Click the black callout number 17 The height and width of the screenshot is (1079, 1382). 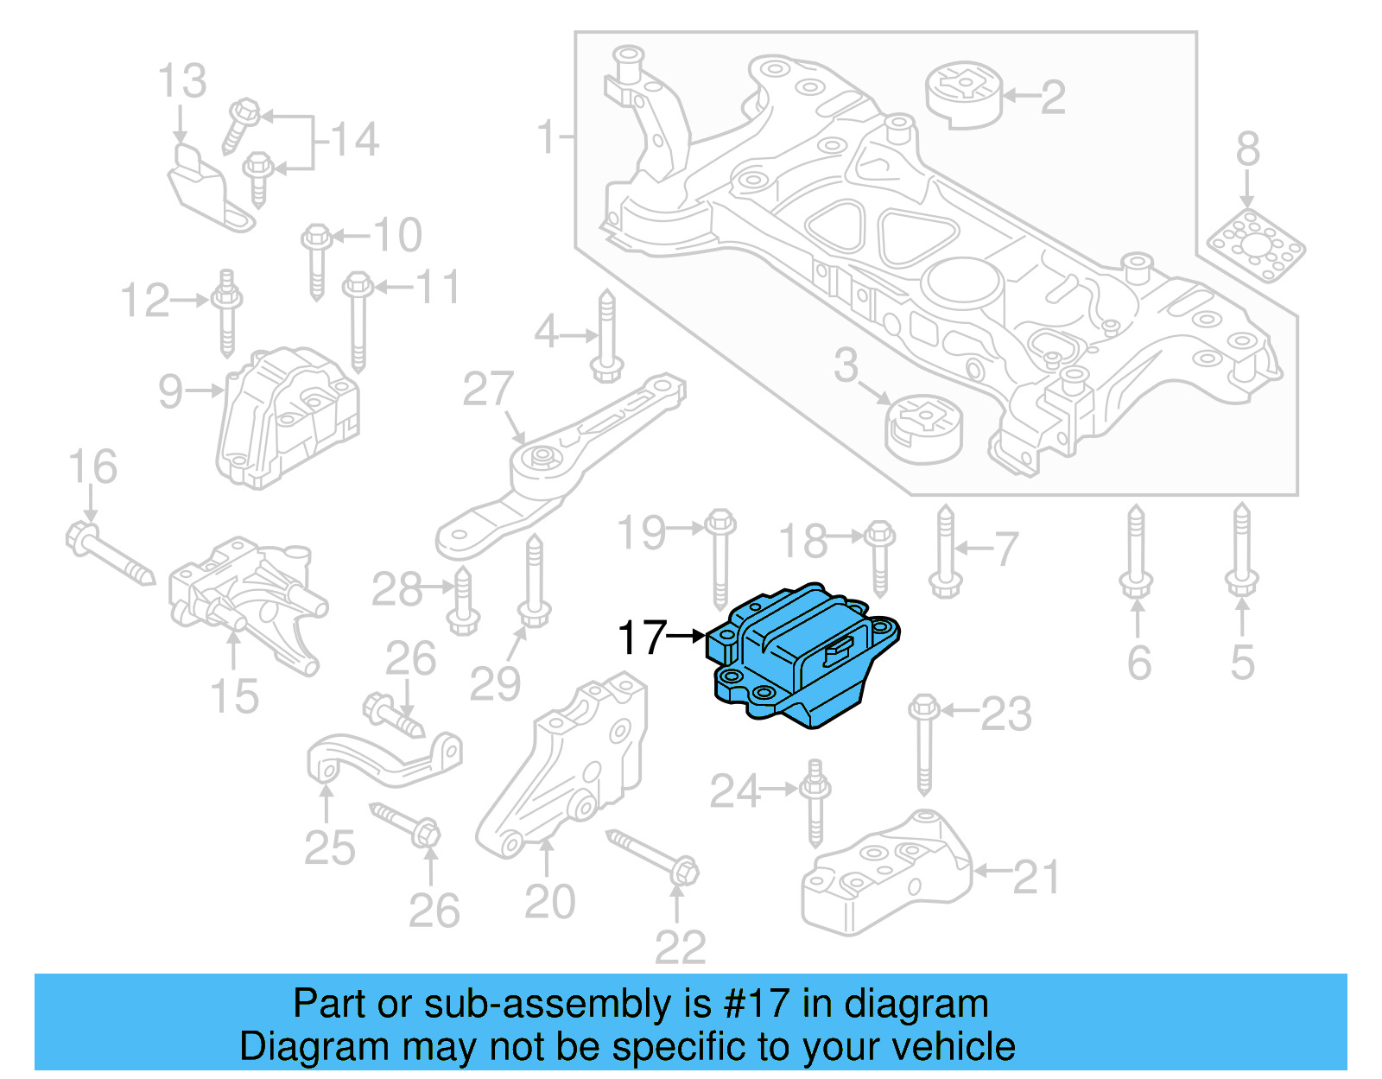point(643,638)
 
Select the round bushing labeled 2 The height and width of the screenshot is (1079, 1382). point(964,92)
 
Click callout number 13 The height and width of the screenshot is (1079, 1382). point(182,81)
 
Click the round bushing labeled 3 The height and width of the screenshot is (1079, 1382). point(924,428)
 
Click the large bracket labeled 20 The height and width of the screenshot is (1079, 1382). point(570,769)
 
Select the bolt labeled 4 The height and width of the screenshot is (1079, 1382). point(606,337)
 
